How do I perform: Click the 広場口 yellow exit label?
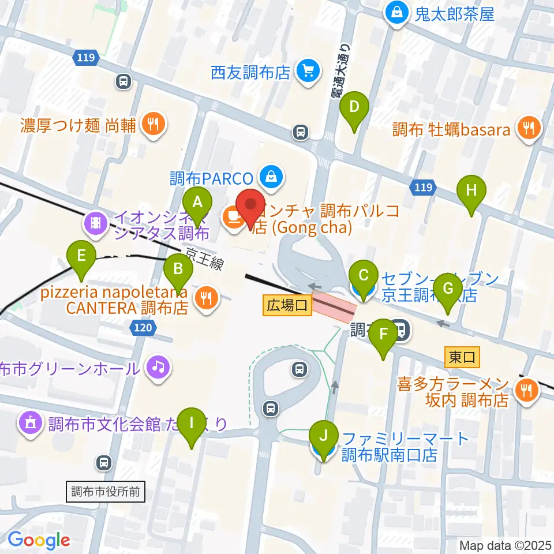click(287, 304)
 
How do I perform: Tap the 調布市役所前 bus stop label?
click(105, 492)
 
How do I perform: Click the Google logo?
click(38, 540)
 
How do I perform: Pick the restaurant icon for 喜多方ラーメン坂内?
click(527, 391)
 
